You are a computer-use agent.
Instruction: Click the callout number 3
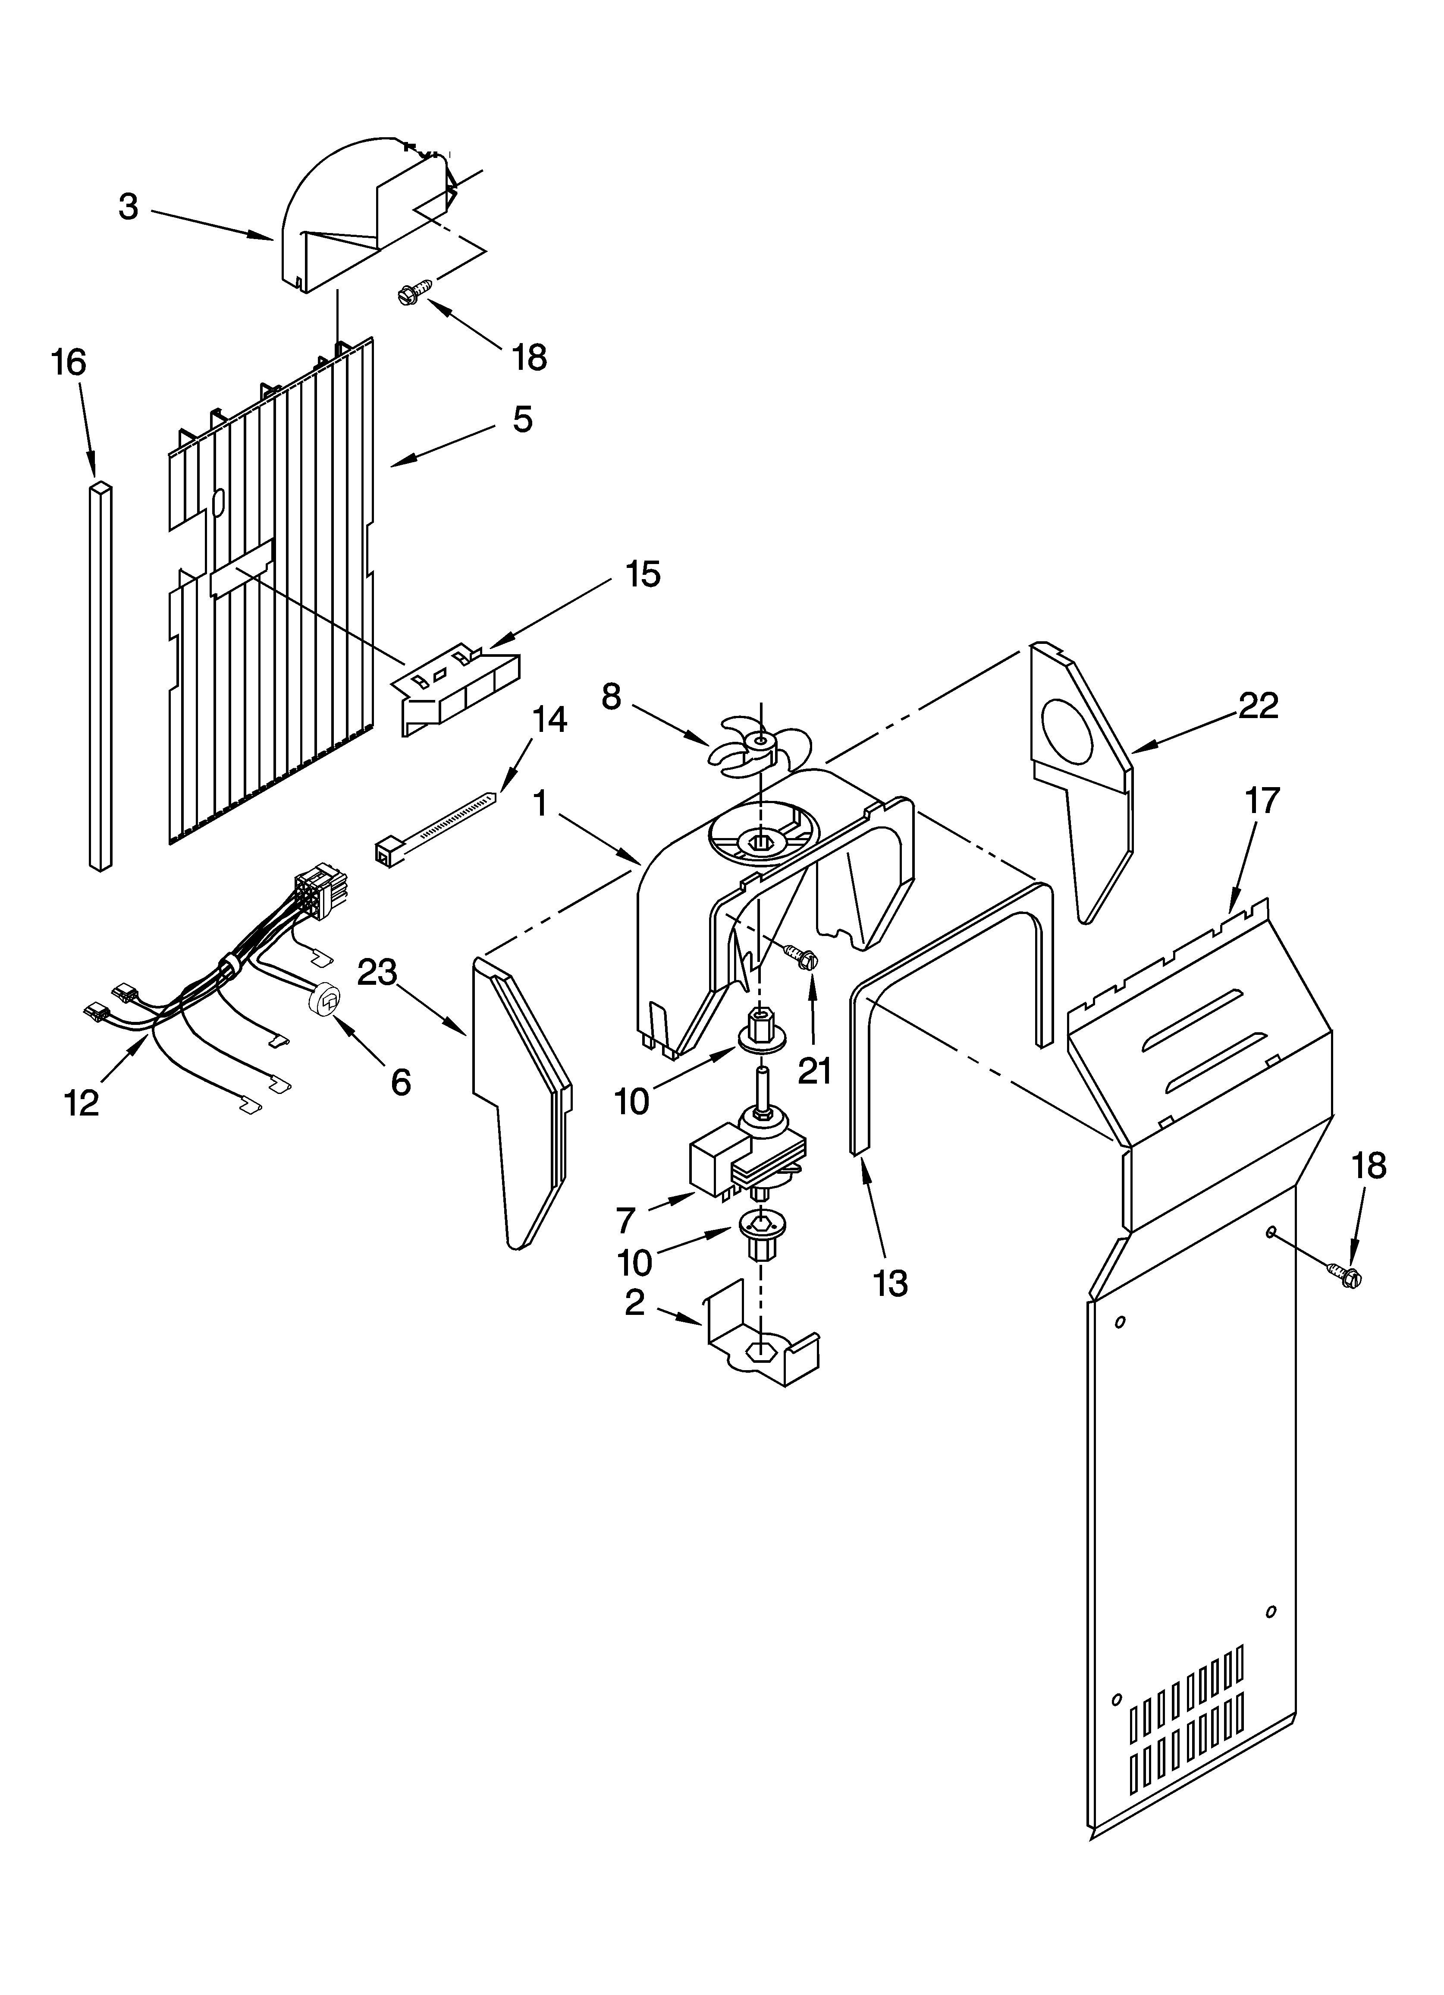129,208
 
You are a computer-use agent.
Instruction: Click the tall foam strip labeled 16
101,675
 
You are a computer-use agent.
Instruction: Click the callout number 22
1259,706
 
